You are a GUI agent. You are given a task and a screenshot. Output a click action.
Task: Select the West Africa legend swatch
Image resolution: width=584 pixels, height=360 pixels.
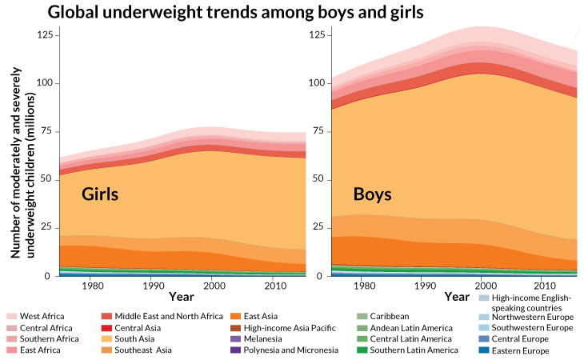12,317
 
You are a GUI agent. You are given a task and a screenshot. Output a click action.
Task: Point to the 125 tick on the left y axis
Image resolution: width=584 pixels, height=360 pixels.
44,34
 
